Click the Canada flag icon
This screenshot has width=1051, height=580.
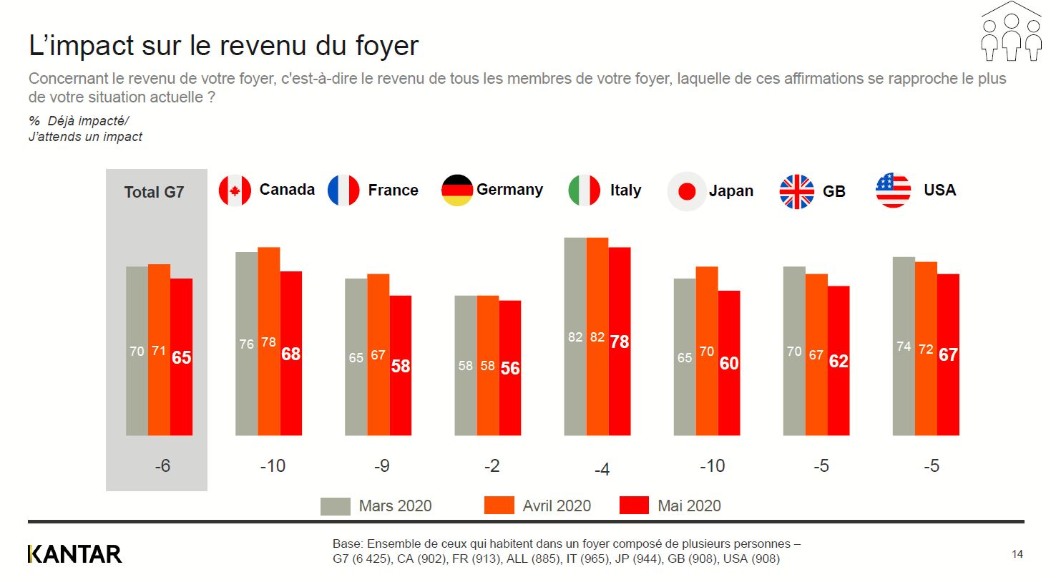[x=235, y=190]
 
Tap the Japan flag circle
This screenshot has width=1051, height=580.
[x=687, y=191]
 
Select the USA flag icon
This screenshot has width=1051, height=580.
[x=893, y=190]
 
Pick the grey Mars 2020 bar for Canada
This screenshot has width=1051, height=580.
[x=247, y=344]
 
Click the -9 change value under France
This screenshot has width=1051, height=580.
[x=382, y=466]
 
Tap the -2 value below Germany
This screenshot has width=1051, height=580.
[x=492, y=466]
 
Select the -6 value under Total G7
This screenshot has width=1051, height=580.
[x=163, y=466]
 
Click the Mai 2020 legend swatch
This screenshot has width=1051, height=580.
[x=633, y=505]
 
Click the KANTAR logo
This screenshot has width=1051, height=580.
[x=74, y=554]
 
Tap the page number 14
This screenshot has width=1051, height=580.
[x=1017, y=554]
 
